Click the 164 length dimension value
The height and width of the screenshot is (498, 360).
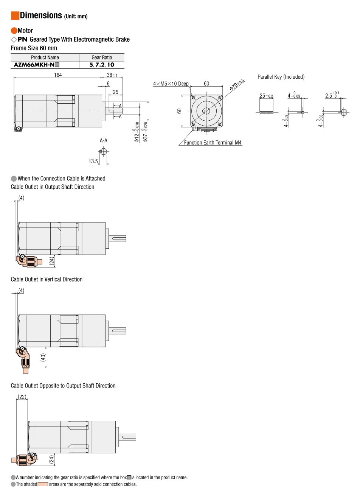click(58, 75)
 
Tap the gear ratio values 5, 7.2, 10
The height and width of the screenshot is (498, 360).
click(102, 65)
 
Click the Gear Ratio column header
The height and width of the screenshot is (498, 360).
click(102, 58)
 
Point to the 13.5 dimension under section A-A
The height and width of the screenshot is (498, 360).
click(93, 161)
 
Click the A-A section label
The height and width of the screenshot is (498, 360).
click(103, 140)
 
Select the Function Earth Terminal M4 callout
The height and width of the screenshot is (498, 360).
click(213, 143)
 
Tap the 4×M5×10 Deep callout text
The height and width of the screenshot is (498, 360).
click(171, 84)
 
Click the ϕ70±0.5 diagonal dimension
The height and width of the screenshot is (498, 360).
click(237, 85)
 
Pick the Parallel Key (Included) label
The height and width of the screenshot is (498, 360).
click(281, 77)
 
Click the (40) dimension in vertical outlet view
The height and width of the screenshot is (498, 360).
click(43, 357)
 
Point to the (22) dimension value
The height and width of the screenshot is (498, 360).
click(22, 397)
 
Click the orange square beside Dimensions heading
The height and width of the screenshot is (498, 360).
click(15, 15)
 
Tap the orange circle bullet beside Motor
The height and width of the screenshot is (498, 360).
click(14, 31)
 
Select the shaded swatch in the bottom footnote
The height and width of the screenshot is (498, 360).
click(43, 484)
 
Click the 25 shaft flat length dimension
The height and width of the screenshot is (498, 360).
click(115, 92)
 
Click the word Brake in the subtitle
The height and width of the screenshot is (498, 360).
click(122, 39)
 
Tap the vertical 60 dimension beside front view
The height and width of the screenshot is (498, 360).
click(179, 111)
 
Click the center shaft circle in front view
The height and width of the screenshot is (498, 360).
click(206, 111)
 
